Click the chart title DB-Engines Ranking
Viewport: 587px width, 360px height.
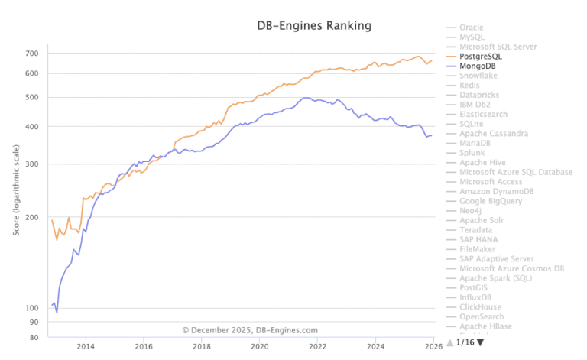[313, 25]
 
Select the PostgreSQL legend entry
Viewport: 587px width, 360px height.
[485, 57]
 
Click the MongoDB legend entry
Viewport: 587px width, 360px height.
[479, 66]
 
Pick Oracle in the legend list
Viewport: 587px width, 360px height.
[472, 28]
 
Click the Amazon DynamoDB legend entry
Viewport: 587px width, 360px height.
[495, 191]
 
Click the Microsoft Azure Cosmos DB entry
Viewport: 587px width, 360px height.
[511, 268]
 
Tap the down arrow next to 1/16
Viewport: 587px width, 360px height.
[480, 342]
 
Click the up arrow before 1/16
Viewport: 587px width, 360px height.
[450, 342]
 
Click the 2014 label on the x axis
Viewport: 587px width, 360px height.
[86, 346]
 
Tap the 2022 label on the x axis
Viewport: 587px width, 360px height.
[318, 346]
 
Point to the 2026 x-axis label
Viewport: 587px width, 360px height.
[433, 346]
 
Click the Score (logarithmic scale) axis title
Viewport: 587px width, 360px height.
[16, 190]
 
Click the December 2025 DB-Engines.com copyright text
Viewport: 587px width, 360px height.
[250, 330]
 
